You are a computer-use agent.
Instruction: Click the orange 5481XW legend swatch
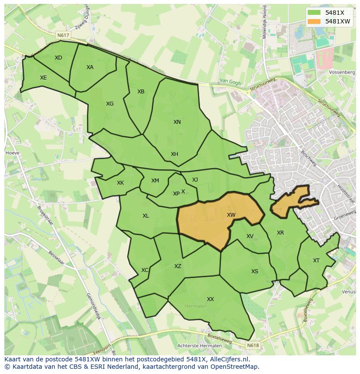[315, 21]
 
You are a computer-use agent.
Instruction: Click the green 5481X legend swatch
[315, 13]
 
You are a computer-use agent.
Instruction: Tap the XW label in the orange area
[231, 215]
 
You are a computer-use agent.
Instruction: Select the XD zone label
[58, 58]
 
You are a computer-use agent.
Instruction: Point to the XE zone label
[43, 78]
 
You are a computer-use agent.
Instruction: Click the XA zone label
[90, 67]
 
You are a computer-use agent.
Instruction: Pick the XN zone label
[177, 122]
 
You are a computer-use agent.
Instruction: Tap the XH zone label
[174, 154]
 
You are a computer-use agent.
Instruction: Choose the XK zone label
[120, 183]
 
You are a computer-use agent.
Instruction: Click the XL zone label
[146, 216]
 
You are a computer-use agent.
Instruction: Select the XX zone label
[210, 299]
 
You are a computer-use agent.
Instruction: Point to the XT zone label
[316, 261]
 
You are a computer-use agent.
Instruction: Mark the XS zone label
[255, 271]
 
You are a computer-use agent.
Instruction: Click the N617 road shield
[63, 34]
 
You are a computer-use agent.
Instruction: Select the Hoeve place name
[12, 153]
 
